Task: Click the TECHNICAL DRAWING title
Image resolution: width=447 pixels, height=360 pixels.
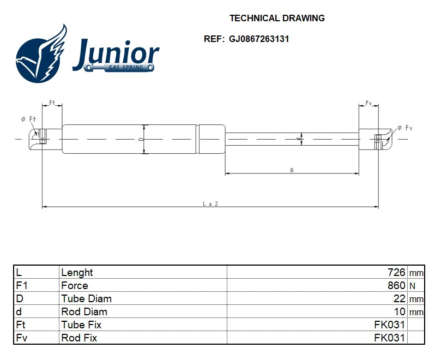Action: point(277,18)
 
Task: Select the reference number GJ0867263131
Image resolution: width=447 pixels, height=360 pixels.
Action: point(259,39)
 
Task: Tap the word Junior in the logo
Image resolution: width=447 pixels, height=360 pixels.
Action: point(116,53)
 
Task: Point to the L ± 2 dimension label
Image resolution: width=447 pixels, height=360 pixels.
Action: point(210,203)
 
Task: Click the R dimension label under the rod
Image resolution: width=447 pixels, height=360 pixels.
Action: point(292,171)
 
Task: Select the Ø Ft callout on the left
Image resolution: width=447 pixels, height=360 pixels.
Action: point(28,119)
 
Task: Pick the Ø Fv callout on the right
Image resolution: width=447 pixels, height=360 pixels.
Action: point(404,128)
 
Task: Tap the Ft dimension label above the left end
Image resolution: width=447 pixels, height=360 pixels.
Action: point(52,103)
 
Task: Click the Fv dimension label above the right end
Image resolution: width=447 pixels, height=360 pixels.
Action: point(369,103)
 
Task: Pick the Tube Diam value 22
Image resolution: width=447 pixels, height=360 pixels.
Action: point(400,298)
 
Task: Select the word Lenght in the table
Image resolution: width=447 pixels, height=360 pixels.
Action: point(77,272)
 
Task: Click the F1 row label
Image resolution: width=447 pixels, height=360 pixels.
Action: point(21,285)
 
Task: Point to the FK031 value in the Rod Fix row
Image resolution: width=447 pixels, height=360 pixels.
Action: point(389,338)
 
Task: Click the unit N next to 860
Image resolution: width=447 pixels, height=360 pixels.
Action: point(412,286)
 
